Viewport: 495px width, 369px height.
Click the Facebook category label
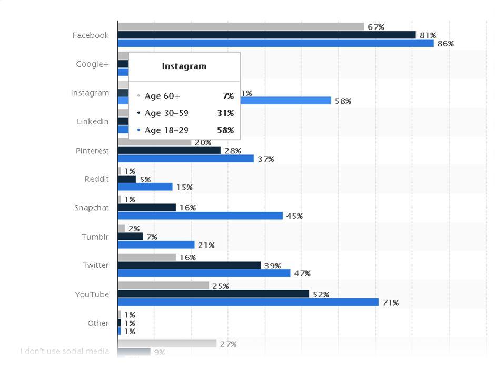click(91, 35)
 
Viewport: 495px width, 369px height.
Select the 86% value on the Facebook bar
click(445, 44)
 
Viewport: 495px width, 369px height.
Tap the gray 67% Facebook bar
click(241, 26)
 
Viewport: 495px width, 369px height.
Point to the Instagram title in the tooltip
click(184, 66)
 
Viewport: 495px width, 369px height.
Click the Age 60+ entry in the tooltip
click(162, 96)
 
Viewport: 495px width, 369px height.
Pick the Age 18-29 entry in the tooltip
click(166, 130)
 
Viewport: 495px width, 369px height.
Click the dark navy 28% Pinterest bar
click(169, 150)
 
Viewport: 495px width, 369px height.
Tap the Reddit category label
click(97, 179)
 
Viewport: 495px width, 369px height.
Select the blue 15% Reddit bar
click(145, 187)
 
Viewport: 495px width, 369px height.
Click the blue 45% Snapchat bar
click(200, 216)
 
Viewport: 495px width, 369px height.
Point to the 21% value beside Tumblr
click(205, 245)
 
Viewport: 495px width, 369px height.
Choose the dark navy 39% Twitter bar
click(189, 265)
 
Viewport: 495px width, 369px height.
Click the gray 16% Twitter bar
click(146, 257)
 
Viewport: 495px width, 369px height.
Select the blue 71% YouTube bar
click(248, 302)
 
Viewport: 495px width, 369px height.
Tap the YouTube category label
click(92, 294)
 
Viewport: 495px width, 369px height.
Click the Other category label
click(98, 323)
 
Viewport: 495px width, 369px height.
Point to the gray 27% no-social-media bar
click(167, 344)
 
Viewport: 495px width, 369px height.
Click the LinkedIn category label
click(93, 122)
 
